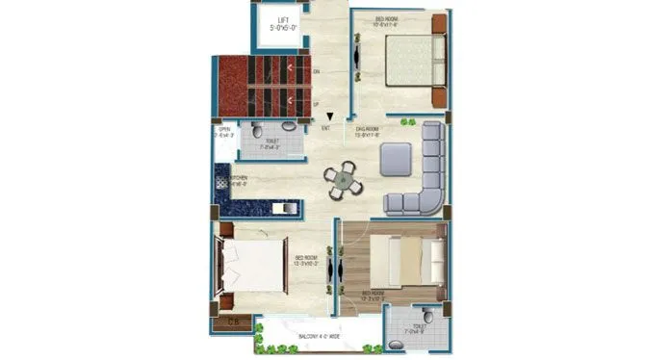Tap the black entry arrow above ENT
328,116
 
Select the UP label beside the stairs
317,102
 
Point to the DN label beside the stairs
317,72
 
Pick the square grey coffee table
396,159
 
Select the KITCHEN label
238,178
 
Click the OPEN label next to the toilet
224,129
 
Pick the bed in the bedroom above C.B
252,266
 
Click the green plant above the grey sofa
407,122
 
